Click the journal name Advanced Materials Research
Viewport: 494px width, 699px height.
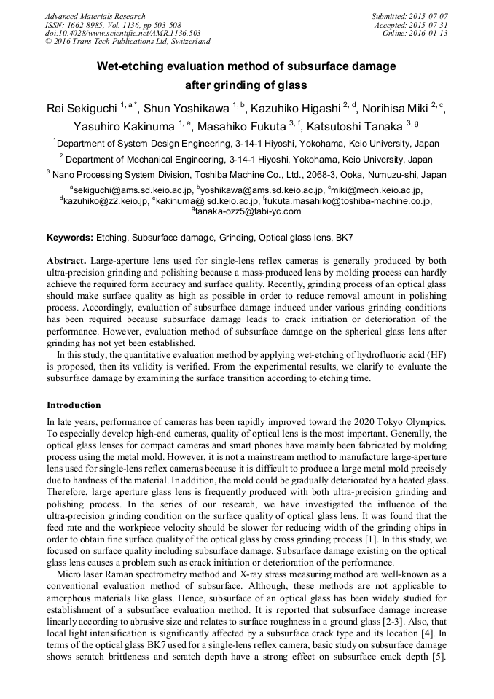pos(95,16)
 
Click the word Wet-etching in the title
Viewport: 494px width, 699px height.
pos(129,66)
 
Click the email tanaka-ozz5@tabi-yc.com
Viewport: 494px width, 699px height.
pos(246,211)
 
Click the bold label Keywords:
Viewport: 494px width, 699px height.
pos(70,238)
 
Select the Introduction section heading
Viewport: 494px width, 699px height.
pos(74,405)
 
